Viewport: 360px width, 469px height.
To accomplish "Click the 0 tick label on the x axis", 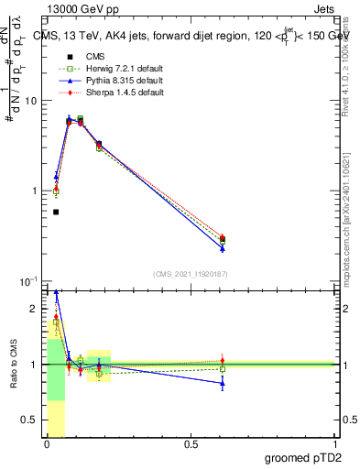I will [46, 444].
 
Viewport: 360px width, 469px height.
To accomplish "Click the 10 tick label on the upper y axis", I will [29, 101].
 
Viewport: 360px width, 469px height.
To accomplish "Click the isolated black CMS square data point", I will [56, 212].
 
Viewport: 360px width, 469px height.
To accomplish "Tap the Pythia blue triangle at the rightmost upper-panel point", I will [222, 248].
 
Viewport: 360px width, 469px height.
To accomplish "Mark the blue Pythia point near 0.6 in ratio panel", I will [222, 383].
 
